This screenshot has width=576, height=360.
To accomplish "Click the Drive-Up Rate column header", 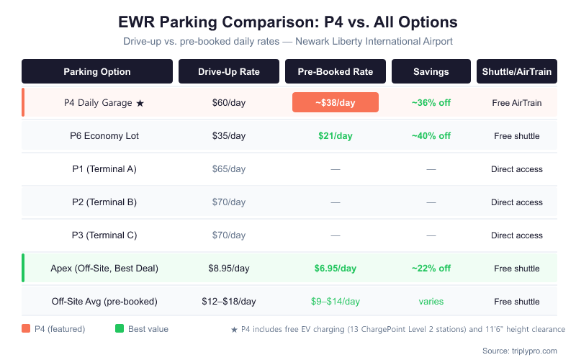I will point(229,71).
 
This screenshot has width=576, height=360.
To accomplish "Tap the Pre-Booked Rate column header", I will point(335,71).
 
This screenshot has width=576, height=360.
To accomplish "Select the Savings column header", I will point(431,71).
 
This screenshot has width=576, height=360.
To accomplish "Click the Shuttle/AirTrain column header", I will point(517,71).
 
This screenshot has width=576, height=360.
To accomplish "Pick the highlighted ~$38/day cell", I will point(335,102).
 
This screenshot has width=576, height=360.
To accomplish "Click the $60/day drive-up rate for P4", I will point(229,103).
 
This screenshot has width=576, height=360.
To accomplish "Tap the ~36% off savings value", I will point(431,103).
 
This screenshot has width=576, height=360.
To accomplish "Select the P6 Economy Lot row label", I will point(104,136).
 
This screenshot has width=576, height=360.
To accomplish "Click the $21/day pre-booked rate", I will point(335,136).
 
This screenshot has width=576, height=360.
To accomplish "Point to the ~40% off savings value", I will point(431,136).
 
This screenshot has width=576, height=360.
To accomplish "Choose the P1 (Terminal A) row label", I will point(104,169).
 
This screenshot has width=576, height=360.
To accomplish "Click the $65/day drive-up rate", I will point(229,169).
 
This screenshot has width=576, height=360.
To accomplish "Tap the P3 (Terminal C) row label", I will point(104,235).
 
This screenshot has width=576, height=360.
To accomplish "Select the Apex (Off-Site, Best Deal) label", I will point(104,269).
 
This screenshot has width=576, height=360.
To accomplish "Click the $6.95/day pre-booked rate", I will point(335,269).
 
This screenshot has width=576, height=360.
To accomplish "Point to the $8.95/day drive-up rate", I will point(229,269).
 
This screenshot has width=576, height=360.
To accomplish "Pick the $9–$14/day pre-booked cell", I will point(335,302).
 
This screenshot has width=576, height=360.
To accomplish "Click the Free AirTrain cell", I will point(517,103).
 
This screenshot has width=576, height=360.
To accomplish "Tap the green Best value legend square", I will point(120,329).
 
